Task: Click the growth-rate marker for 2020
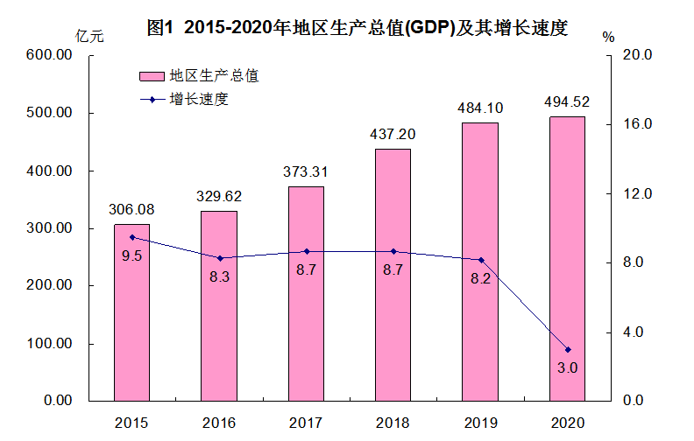[x=567, y=349]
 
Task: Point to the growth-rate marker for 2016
[x=219, y=258]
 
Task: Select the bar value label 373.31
[x=306, y=172]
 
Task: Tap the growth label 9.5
[x=131, y=255]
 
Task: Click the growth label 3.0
[x=567, y=368]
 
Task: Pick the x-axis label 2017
[x=306, y=423]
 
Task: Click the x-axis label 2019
[x=480, y=423]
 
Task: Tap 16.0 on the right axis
[x=636, y=124]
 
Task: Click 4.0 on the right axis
[x=636, y=332]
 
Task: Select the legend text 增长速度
[x=200, y=99]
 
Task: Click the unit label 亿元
[x=89, y=36]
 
